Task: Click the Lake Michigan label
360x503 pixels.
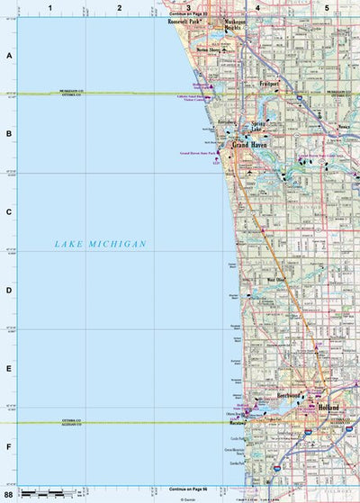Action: (99, 244)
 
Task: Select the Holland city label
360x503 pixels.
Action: (328, 408)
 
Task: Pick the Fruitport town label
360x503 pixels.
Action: (267, 84)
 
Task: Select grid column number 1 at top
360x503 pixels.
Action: (51, 7)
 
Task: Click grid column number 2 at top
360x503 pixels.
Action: (119, 7)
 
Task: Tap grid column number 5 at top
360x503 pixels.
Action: (325, 7)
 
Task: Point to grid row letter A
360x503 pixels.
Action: (9, 56)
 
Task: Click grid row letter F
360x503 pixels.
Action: (9, 446)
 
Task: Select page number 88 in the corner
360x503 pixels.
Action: (9, 494)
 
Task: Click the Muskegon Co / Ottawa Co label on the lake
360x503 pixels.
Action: (72, 93)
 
